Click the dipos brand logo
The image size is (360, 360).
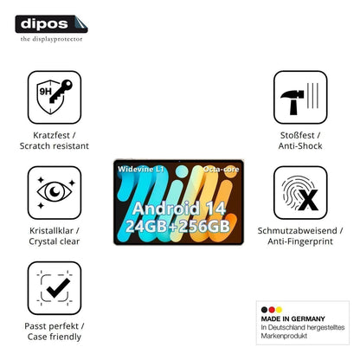tap(51, 24)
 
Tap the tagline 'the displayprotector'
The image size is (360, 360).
tap(51, 39)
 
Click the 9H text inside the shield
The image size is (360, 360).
tap(45, 92)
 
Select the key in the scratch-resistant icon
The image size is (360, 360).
tap(61, 91)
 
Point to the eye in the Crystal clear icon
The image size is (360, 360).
tap(55, 191)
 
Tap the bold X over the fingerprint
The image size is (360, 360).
tap(308, 200)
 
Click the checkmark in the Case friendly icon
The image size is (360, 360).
tap(58, 288)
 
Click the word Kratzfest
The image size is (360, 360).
tap(51, 135)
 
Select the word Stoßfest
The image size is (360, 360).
tap(298, 135)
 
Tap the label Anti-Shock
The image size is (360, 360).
tap(300, 146)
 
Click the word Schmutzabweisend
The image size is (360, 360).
tap(298, 231)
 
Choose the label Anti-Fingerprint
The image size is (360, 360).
tap(300, 241)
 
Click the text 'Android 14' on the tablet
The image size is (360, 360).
tap(179, 209)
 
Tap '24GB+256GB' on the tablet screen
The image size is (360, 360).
tap(177, 226)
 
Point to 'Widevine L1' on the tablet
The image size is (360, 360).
tap(140, 169)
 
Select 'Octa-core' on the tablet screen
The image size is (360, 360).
tap(221, 169)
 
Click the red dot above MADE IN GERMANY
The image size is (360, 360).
tap(272, 310)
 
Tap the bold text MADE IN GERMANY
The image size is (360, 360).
tap(293, 318)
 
